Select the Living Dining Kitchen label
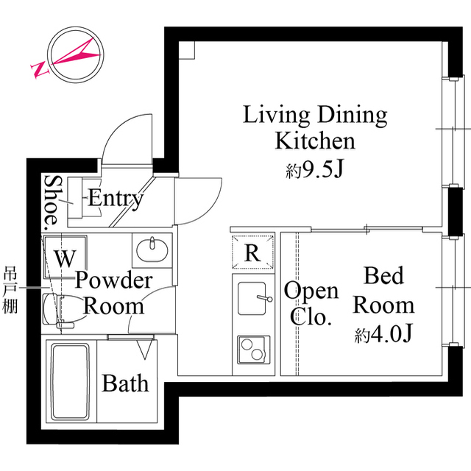coord(315,127)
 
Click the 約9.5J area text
coord(315,171)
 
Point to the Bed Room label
coord(383,290)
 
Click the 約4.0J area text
coord(383,334)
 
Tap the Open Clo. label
coord(311,303)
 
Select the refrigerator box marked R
coord(252,253)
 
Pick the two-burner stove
coord(253,348)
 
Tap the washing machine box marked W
coord(65,258)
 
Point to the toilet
coord(57,309)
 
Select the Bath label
coord(125,383)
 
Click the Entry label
coord(116,198)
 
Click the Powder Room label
coord(113,293)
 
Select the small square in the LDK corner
coord(185,49)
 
